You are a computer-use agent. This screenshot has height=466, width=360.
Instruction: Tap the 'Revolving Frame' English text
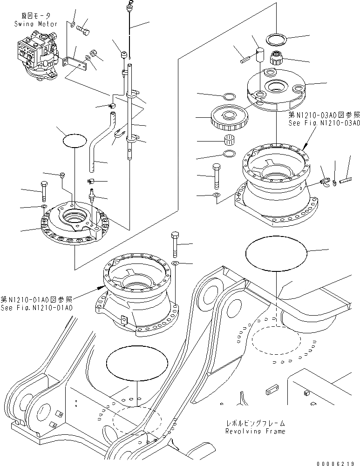click(255, 432)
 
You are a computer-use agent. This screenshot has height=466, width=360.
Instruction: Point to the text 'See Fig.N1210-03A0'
click(324, 123)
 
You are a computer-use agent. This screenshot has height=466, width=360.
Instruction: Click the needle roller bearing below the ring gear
click(229, 140)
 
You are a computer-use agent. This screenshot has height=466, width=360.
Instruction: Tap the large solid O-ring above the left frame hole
click(137, 363)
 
